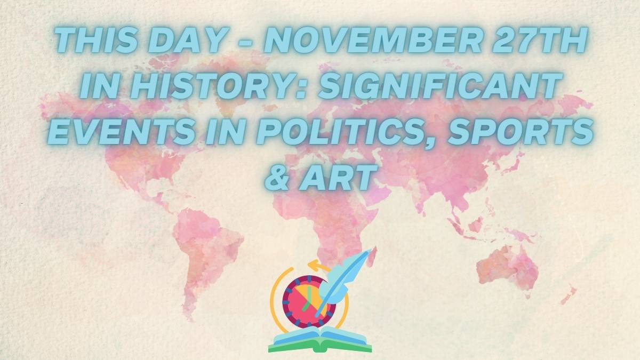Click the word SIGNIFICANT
pyautogui.click(x=438, y=85)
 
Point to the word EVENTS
pyautogui.click(x=120, y=131)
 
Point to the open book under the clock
pyautogui.click(x=320, y=340)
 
